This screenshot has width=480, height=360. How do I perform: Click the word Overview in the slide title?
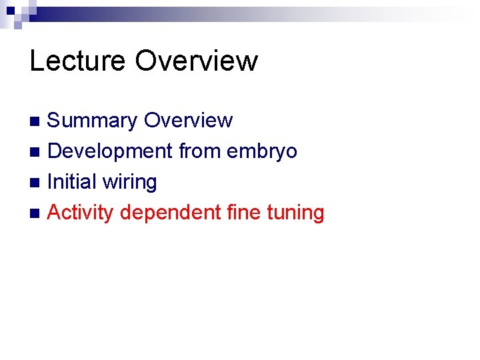click(196, 61)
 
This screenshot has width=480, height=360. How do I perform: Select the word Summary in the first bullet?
click(92, 121)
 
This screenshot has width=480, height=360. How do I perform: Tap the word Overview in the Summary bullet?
click(189, 121)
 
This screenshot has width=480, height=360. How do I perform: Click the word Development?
click(110, 152)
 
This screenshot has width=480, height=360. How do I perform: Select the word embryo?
click(262, 152)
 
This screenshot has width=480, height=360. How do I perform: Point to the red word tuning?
click(295, 213)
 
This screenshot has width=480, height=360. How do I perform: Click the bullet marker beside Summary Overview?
click(36, 121)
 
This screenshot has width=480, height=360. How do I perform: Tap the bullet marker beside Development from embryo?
click(36, 152)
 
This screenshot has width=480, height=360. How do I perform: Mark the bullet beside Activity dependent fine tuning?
click(36, 213)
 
